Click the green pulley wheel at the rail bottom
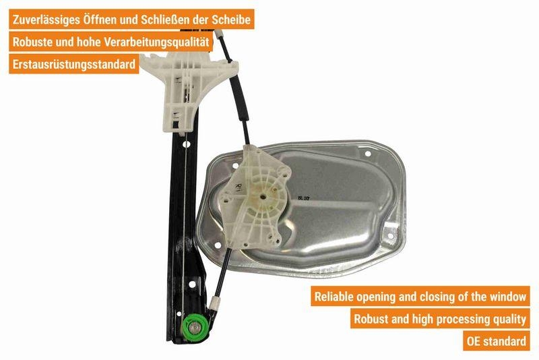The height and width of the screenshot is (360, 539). pyautogui.click(x=195, y=328)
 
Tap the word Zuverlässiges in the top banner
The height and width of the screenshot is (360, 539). pyautogui.click(x=46, y=20)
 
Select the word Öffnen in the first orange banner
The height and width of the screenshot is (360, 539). pyautogui.click(x=100, y=19)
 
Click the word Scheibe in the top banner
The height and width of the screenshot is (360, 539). pyautogui.click(x=231, y=20)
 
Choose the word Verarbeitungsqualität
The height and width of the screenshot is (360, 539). pyautogui.click(x=156, y=42)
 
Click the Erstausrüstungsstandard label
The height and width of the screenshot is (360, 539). pyautogui.click(x=74, y=64)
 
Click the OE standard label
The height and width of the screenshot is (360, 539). pyautogui.click(x=497, y=341)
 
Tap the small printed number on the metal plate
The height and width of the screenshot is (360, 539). pyautogui.click(x=304, y=198)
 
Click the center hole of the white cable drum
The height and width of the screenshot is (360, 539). pyautogui.click(x=263, y=197)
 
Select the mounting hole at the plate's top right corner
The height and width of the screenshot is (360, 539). pyautogui.click(x=367, y=154)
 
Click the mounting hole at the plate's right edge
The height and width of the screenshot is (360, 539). pyautogui.click(x=391, y=236)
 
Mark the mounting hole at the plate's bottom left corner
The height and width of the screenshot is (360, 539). pyautogui.click(x=217, y=245)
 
